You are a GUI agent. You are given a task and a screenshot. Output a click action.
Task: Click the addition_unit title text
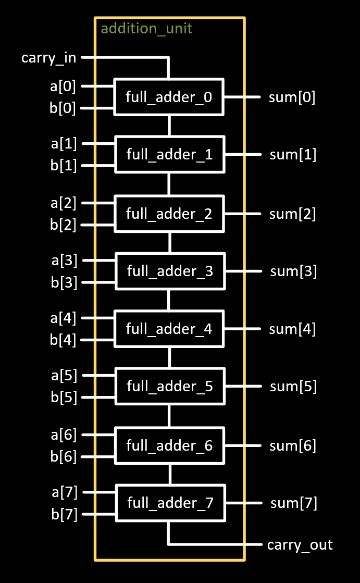click(x=146, y=28)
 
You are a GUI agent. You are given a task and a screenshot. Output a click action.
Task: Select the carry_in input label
click(x=48, y=57)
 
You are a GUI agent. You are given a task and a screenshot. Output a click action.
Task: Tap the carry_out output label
click(x=300, y=545)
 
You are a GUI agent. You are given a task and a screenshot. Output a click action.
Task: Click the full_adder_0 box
click(x=169, y=97)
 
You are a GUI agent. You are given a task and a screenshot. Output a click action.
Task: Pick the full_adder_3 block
click(x=170, y=271)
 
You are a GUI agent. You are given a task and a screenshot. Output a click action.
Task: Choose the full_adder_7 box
click(x=170, y=503)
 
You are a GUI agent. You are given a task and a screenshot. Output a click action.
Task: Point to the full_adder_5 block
click(x=170, y=387)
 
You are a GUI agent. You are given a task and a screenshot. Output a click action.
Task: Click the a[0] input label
click(x=63, y=85)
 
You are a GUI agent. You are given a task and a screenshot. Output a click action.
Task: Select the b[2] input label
click(x=63, y=225)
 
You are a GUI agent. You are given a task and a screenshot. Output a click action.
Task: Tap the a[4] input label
click(x=63, y=317)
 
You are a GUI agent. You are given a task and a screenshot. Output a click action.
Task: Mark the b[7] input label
click(x=64, y=515)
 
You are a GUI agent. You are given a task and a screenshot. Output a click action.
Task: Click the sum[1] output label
click(x=293, y=155)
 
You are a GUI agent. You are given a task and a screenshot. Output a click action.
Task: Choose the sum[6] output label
click(x=293, y=445)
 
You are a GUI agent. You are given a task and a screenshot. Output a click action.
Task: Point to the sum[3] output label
click(x=293, y=271)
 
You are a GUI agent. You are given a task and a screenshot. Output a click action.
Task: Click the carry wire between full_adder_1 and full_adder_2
click(x=169, y=184)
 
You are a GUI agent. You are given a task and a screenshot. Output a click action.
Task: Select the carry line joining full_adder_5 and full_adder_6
click(x=169, y=416)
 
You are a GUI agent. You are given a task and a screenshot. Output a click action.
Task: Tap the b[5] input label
click(x=64, y=398)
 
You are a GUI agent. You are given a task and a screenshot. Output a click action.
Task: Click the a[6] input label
click(x=64, y=434)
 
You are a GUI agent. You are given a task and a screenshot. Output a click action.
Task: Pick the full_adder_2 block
click(x=169, y=214)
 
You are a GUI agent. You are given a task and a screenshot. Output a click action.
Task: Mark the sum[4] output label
click(x=292, y=329)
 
